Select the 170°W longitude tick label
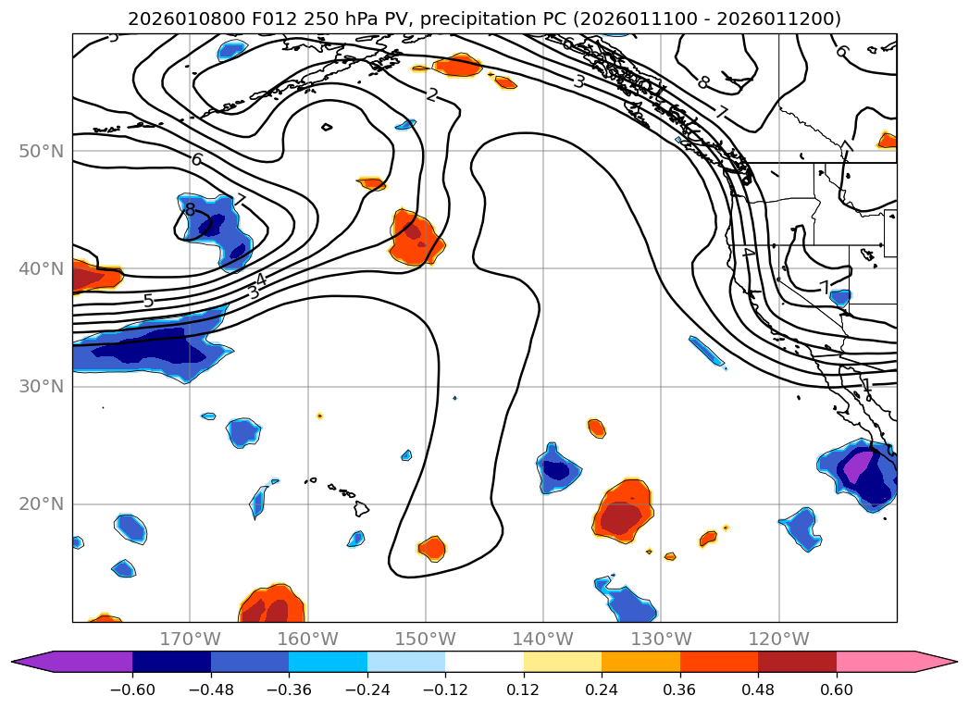[x=190, y=639]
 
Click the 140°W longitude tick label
[x=543, y=639]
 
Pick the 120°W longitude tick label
[x=778, y=639]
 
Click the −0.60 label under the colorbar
[x=132, y=689]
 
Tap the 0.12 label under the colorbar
[x=524, y=689]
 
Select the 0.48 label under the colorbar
[x=758, y=689]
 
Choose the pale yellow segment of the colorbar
[x=563, y=662]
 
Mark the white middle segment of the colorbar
[x=484, y=662]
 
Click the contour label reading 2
[x=432, y=94]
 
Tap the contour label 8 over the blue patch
[x=191, y=210]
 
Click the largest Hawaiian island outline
[x=361, y=509]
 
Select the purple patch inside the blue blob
[x=859, y=462]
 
